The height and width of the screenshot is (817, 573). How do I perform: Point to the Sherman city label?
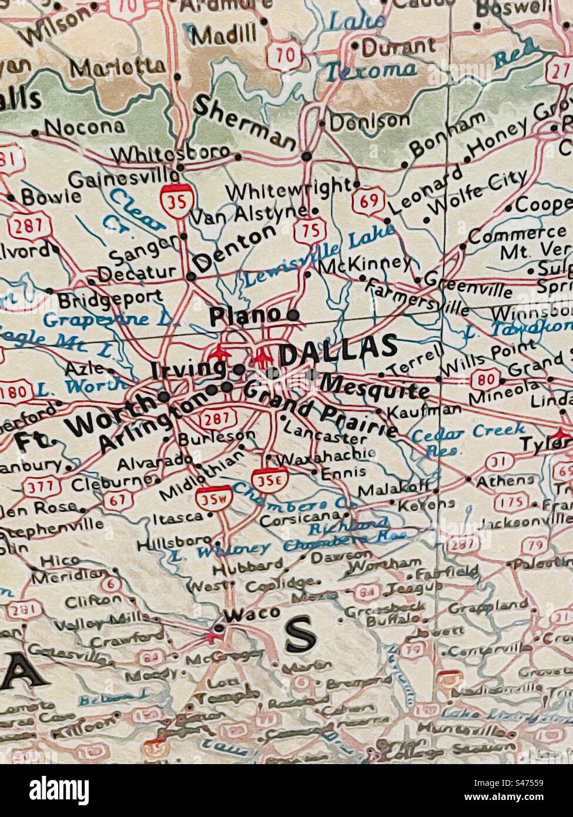pos(244,121)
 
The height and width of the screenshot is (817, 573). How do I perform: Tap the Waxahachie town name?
pos(326,456)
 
